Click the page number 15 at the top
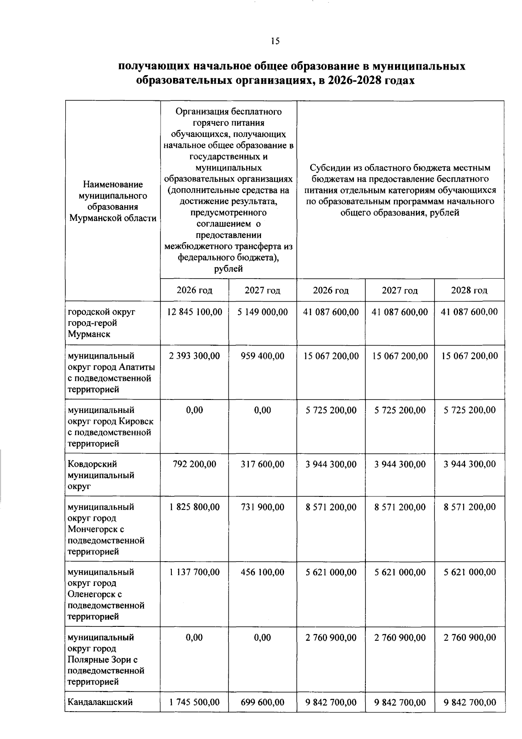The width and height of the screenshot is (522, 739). pos(274,41)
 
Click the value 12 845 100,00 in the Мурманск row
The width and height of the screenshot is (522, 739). pos(194,312)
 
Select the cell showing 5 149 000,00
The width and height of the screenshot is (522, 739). pos(263,312)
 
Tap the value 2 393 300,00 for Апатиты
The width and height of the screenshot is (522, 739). pos(194,356)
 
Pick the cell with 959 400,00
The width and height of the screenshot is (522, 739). pos(263,356)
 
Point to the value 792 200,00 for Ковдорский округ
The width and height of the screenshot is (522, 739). pos(194,464)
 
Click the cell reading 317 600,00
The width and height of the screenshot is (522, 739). pos(263,464)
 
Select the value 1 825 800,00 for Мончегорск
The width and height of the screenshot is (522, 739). pos(194,507)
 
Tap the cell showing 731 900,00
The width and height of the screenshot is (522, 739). pos(263,507)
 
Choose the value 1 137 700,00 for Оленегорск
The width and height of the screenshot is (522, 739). pos(194,572)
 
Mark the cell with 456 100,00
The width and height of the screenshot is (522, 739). pos(263,572)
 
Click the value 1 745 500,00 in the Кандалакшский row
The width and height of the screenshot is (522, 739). pos(194,702)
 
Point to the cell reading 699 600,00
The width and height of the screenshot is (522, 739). pos(263,702)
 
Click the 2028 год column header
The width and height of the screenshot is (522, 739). pos(469,290)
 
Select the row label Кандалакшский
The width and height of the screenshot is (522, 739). pos(100,702)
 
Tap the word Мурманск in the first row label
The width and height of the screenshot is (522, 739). pos(89,334)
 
